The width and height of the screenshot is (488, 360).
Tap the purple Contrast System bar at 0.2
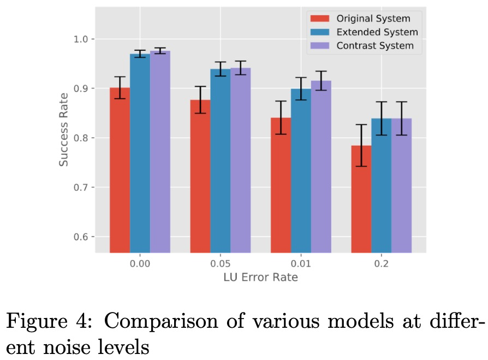pos(401,185)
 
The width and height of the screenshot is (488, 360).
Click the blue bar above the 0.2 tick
pos(381,185)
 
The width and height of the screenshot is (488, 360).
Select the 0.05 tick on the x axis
pos(221,264)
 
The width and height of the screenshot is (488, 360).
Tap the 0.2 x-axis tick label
pos(381,264)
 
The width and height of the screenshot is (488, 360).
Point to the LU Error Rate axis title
pos(260,278)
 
